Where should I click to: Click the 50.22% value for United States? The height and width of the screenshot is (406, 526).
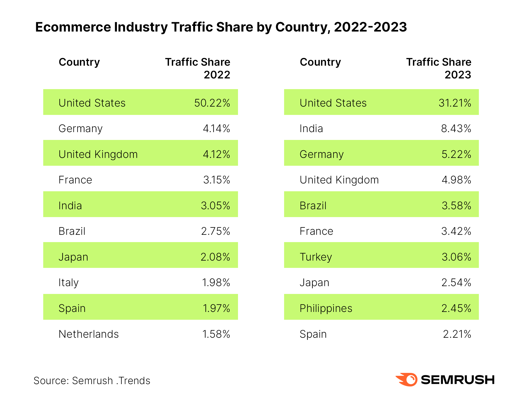[212, 103]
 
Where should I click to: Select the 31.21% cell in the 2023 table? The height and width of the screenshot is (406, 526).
[455, 103]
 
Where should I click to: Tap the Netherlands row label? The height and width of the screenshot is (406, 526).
[89, 334]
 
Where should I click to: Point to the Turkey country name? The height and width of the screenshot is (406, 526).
[316, 257]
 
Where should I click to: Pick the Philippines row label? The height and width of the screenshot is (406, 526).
[326, 308]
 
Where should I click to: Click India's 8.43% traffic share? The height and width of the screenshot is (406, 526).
[456, 128]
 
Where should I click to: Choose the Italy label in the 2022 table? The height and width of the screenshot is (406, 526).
[68, 282]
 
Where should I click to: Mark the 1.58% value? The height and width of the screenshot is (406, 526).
[216, 334]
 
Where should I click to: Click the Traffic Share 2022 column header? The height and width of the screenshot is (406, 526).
[198, 68]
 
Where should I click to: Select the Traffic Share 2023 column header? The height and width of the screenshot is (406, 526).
[439, 68]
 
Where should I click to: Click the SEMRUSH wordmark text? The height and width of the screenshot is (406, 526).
[458, 380]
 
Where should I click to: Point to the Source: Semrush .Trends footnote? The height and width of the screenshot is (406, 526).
[92, 381]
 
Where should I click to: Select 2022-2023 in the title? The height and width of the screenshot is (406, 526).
[370, 27]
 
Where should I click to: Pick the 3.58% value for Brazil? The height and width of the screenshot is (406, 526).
[456, 206]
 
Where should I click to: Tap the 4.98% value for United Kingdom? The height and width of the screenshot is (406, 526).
[456, 180]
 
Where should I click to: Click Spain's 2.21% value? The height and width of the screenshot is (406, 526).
[457, 334]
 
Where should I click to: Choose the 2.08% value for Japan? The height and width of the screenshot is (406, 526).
[215, 257]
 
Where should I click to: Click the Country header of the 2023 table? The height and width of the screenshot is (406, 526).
[320, 62]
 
